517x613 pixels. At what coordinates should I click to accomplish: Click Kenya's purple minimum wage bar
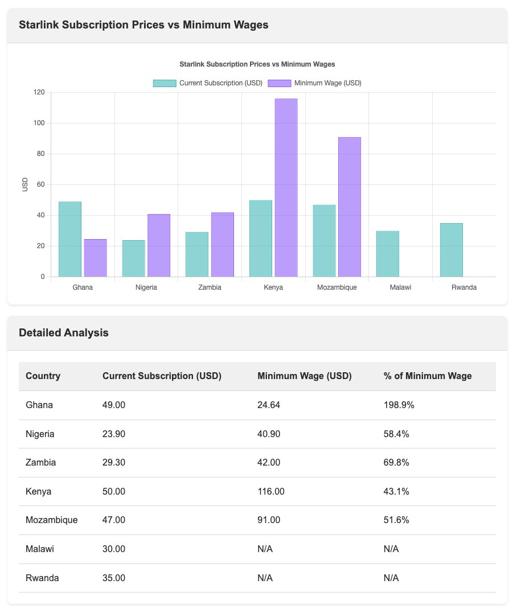pyautogui.click(x=286, y=188)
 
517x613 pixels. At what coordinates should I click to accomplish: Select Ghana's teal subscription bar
pyautogui.click(x=70, y=239)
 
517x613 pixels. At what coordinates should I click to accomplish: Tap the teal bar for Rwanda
pyautogui.click(x=451, y=250)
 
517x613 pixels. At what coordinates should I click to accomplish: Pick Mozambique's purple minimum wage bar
pyautogui.click(x=349, y=207)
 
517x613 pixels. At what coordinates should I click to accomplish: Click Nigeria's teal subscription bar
pyautogui.click(x=133, y=258)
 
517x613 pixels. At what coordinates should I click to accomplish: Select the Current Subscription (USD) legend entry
pyautogui.click(x=208, y=83)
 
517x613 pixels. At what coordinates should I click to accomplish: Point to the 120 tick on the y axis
pyautogui.click(x=39, y=92)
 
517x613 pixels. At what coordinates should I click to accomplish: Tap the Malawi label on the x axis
pyautogui.click(x=400, y=287)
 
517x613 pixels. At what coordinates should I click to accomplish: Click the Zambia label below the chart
pyautogui.click(x=210, y=287)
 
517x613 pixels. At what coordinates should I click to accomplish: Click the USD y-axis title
pyautogui.click(x=25, y=184)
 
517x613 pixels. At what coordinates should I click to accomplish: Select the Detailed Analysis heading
pyautogui.click(x=63, y=333)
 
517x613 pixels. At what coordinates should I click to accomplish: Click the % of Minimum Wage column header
pyautogui.click(x=428, y=376)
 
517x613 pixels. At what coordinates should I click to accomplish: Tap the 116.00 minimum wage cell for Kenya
pyautogui.click(x=271, y=491)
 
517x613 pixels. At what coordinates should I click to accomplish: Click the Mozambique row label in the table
pyautogui.click(x=52, y=520)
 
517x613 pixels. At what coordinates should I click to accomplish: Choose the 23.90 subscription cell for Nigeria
pyautogui.click(x=114, y=434)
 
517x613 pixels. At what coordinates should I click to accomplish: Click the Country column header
pyautogui.click(x=43, y=376)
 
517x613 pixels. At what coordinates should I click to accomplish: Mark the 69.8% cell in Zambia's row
pyautogui.click(x=396, y=463)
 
